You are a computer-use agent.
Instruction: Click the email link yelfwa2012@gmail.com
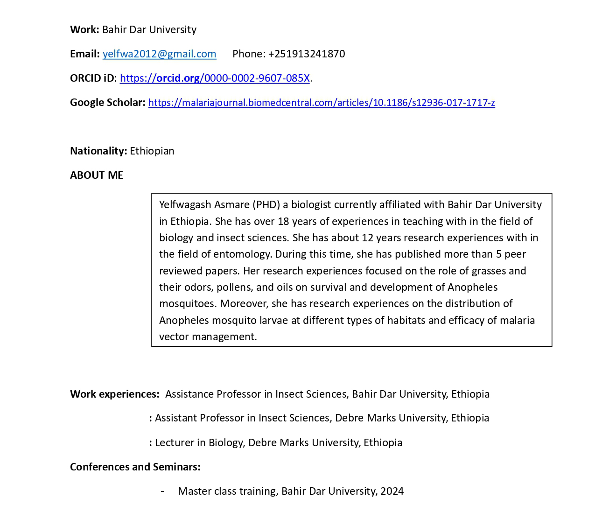159,54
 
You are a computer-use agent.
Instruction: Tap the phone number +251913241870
307,54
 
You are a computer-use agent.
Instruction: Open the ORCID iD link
215,78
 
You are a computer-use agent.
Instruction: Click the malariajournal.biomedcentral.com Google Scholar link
322,103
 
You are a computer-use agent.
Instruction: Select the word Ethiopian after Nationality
152,151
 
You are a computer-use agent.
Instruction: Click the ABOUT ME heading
97,175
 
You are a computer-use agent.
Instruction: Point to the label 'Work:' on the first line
84,30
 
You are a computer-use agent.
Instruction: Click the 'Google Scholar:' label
108,103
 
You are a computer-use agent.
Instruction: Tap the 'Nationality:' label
98,151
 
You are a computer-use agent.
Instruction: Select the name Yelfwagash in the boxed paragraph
185,205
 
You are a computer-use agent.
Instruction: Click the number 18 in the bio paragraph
284,221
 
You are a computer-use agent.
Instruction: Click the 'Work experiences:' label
115,394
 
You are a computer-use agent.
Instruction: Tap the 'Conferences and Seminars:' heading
135,467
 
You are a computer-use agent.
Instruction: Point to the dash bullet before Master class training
162,491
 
